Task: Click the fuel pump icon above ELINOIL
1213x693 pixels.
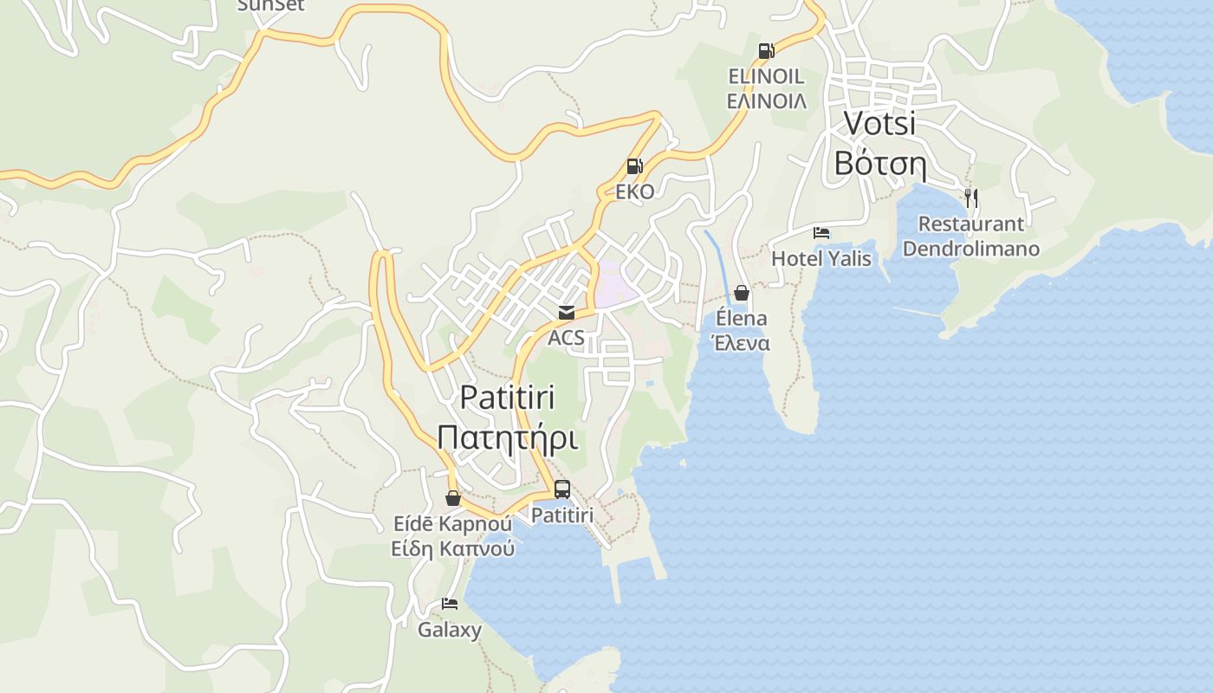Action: (766, 51)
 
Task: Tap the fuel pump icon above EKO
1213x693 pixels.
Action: (634, 166)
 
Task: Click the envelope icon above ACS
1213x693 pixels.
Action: (566, 313)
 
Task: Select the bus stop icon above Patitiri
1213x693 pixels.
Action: (562, 489)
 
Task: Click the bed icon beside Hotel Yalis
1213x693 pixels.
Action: (821, 233)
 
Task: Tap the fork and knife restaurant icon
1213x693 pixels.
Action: (970, 198)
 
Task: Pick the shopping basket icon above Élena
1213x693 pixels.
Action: (741, 293)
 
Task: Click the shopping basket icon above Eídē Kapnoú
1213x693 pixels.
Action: (452, 498)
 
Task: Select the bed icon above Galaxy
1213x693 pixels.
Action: (449, 604)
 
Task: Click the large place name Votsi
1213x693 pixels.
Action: (879, 123)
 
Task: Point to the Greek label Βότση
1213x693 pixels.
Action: (879, 163)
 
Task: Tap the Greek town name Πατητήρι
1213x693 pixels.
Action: (507, 437)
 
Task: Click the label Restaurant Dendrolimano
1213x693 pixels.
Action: (970, 236)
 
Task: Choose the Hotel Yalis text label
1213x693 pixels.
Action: (821, 258)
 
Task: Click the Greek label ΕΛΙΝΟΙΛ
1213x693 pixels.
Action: (766, 101)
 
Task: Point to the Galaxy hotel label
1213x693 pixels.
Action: (449, 630)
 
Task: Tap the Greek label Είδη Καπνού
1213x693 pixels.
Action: (452, 548)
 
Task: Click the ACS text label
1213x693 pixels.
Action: (566, 338)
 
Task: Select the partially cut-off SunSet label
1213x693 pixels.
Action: (270, 5)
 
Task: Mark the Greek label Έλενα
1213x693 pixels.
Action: (741, 343)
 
